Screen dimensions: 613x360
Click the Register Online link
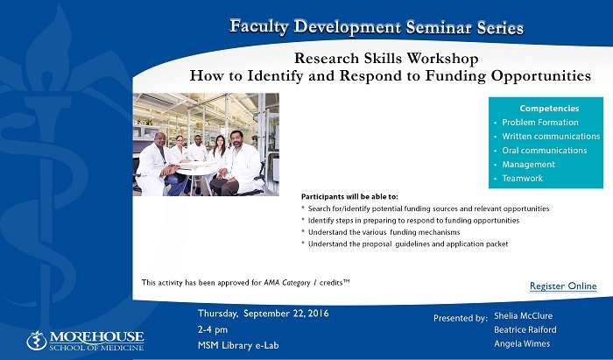click(x=563, y=286)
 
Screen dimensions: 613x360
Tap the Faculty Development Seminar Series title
click(x=377, y=27)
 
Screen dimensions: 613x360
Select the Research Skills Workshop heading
click(x=386, y=59)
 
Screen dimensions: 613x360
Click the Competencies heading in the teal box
click(x=549, y=109)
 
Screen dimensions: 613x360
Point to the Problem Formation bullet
click(x=540, y=123)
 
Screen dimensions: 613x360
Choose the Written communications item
click(x=551, y=137)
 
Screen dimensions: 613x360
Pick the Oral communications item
click(x=544, y=151)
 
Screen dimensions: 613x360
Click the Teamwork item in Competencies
click(x=522, y=178)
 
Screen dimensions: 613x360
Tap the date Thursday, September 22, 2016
click(x=263, y=314)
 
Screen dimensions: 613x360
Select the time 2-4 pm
click(x=213, y=329)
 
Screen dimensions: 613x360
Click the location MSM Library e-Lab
click(x=238, y=345)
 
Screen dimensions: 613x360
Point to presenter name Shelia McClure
click(x=523, y=316)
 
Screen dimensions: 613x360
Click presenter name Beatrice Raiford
click(x=525, y=330)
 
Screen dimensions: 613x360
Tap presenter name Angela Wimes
click(x=522, y=344)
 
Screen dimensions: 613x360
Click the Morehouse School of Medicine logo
click(x=85, y=341)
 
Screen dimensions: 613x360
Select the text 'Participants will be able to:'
click(x=349, y=196)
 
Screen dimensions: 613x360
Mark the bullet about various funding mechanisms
click(x=384, y=232)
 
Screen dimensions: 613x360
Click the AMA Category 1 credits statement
click(x=245, y=282)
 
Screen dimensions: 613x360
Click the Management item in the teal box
click(x=528, y=165)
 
